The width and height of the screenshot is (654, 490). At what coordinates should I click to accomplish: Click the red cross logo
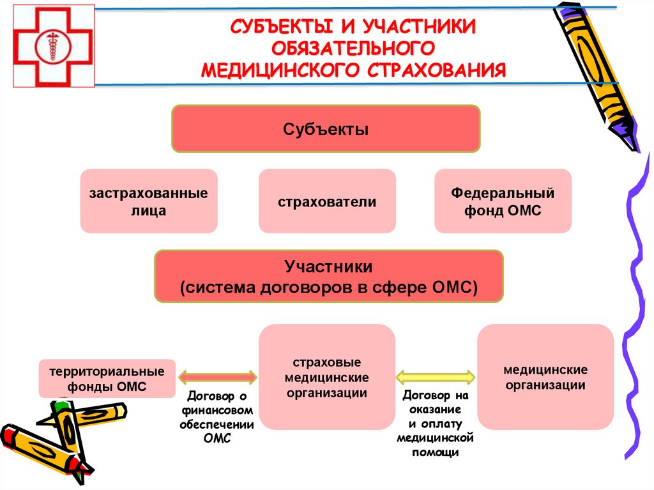(54, 45)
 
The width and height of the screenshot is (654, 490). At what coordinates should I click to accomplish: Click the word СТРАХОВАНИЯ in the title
(437, 69)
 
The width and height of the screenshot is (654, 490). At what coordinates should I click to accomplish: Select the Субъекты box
(326, 129)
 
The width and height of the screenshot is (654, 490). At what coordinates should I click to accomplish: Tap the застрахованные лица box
(149, 201)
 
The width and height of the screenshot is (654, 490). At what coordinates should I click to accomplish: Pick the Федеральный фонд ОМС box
(503, 201)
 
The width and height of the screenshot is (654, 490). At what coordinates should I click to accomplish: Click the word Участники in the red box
(328, 265)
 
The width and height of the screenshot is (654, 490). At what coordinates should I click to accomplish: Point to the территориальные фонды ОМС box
(107, 379)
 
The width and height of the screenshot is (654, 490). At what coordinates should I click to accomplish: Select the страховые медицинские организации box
(327, 377)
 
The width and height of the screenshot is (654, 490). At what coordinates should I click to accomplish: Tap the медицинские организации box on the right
(545, 377)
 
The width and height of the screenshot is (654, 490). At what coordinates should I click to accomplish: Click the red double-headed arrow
(217, 378)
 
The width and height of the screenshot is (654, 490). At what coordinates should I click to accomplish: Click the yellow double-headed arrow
(436, 377)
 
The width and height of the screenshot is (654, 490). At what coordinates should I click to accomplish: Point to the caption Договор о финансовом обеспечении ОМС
(217, 417)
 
